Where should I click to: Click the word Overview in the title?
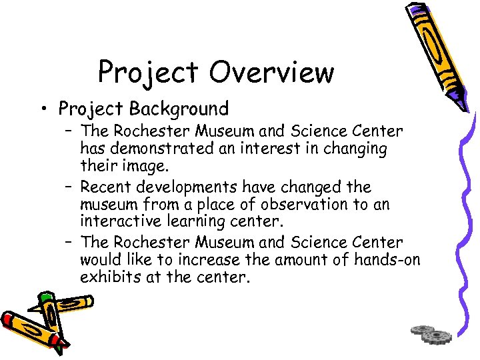tap(273, 72)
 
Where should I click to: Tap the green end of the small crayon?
tap(45, 298)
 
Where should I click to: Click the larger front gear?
tap(437, 336)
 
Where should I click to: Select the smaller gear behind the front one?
tap(421, 329)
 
